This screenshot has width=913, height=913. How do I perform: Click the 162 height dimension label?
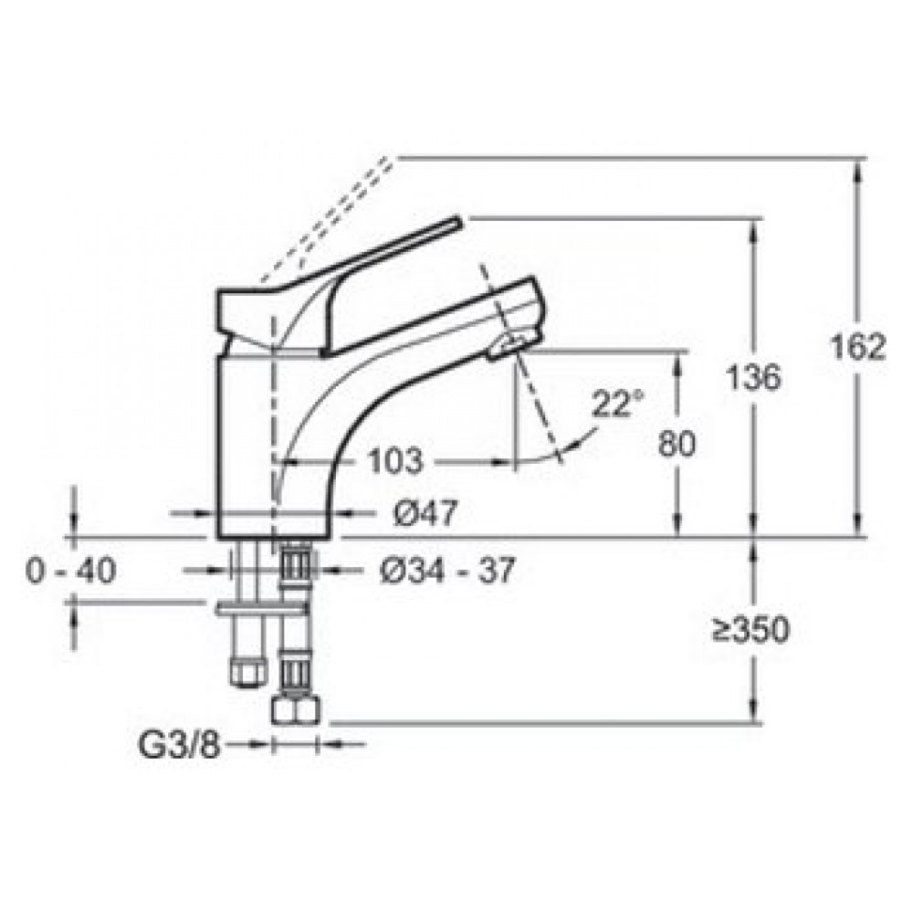point(857,348)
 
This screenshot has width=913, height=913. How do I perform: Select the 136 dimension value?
point(753,377)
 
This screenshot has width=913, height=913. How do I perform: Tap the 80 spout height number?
point(677,444)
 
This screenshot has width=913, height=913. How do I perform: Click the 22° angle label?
point(618,403)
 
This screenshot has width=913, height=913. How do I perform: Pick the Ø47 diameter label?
point(425,513)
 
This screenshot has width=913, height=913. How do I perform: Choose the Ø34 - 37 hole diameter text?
point(448,570)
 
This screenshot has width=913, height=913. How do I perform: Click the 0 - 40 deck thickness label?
point(71,570)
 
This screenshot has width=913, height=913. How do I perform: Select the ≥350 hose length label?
point(751,629)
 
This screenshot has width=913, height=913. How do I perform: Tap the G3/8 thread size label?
point(179,743)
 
